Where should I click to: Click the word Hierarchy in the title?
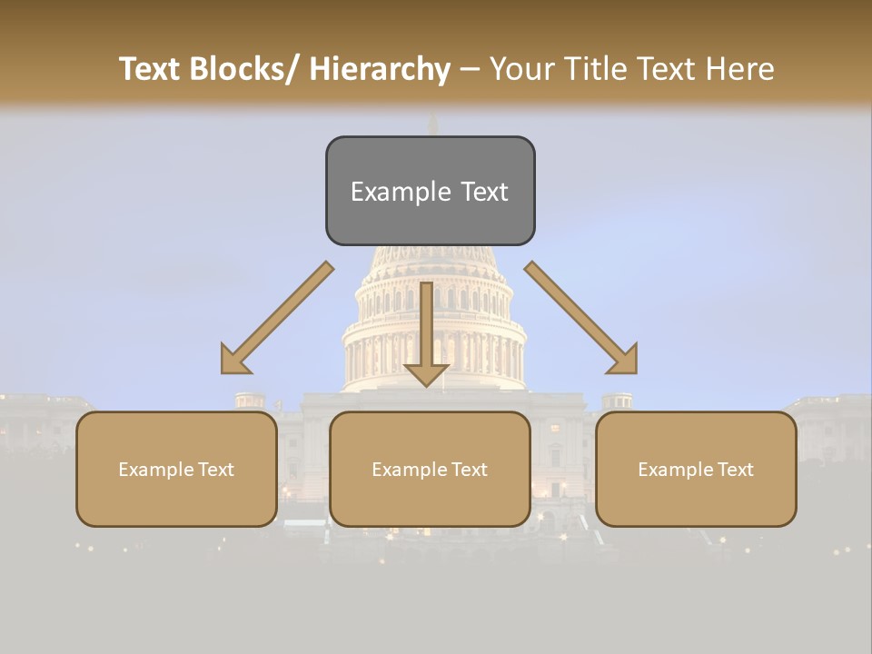(x=380, y=70)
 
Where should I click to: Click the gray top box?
(x=430, y=191)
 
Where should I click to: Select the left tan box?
(x=176, y=469)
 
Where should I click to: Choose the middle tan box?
(x=430, y=469)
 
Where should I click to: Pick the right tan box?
(x=696, y=469)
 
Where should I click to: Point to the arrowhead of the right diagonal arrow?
(x=625, y=362)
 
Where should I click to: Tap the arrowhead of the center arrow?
(x=427, y=373)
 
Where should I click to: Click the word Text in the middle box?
(x=469, y=470)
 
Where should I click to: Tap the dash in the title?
(x=470, y=70)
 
